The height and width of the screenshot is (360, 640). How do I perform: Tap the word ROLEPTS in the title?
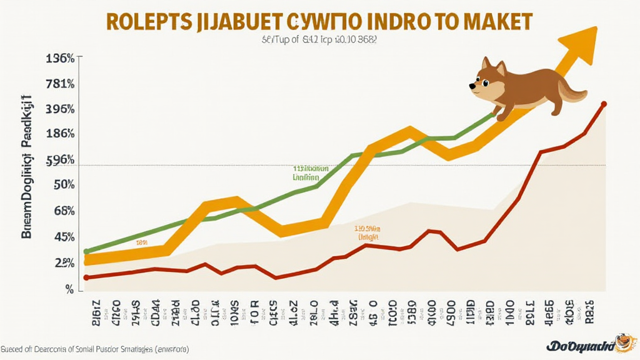tap(149, 21)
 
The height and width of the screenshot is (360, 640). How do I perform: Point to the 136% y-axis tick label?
tap(61, 58)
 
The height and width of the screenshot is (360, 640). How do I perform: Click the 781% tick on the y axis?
tap(61, 84)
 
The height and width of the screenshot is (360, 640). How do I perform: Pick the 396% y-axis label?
tap(61, 109)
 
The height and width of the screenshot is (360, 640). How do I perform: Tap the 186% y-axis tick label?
tap(61, 134)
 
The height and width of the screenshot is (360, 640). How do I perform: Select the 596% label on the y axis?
tap(61, 160)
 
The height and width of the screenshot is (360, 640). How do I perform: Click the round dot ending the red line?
tap(604, 104)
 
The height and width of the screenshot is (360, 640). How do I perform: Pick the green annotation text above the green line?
tap(311, 172)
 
